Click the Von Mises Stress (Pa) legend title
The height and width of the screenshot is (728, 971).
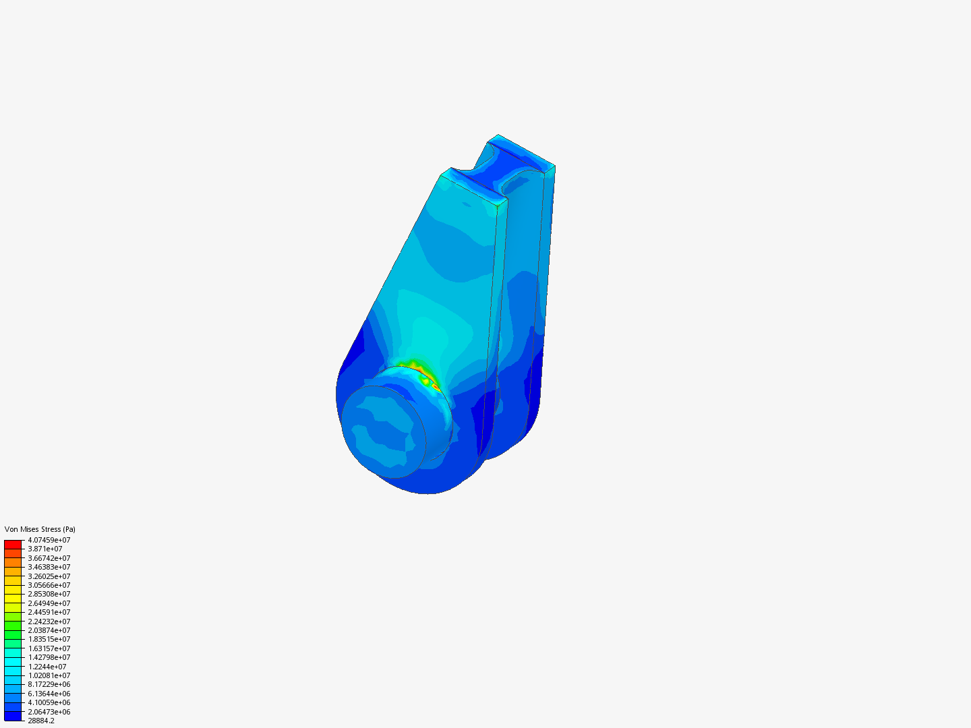tap(40, 529)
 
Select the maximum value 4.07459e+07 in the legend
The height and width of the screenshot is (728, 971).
tap(49, 540)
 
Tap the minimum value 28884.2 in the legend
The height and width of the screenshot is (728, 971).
tap(41, 721)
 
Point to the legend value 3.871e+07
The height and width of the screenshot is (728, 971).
tap(45, 549)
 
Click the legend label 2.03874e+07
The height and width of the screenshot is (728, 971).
tap(49, 630)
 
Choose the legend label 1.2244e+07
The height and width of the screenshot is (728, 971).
tap(47, 667)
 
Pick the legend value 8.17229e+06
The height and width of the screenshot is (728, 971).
tap(49, 684)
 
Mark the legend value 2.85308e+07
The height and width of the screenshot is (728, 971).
tap(49, 594)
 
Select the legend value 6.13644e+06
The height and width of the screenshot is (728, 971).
tap(49, 694)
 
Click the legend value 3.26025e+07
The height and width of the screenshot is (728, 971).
tap(49, 576)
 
